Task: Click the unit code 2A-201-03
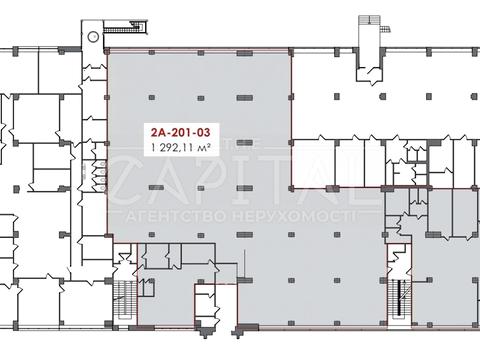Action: tap(181, 132)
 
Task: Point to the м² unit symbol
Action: tap(204, 147)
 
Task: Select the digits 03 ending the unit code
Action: tap(203, 132)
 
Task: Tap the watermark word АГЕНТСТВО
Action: tap(178, 217)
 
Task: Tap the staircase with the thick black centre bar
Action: tap(398, 298)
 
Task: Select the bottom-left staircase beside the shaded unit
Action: tap(125, 298)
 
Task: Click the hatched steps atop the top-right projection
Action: tap(369, 19)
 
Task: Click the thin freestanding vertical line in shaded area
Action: tap(245, 263)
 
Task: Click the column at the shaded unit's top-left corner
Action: tap(107, 52)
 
